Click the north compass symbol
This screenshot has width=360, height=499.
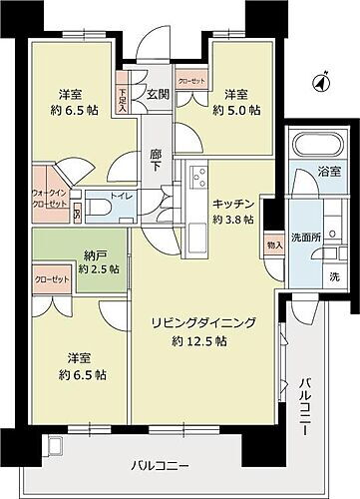click(317, 84)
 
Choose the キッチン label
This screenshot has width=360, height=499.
click(232, 203)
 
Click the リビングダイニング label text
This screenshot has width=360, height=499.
click(204, 322)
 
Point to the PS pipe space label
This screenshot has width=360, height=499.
click(79, 212)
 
